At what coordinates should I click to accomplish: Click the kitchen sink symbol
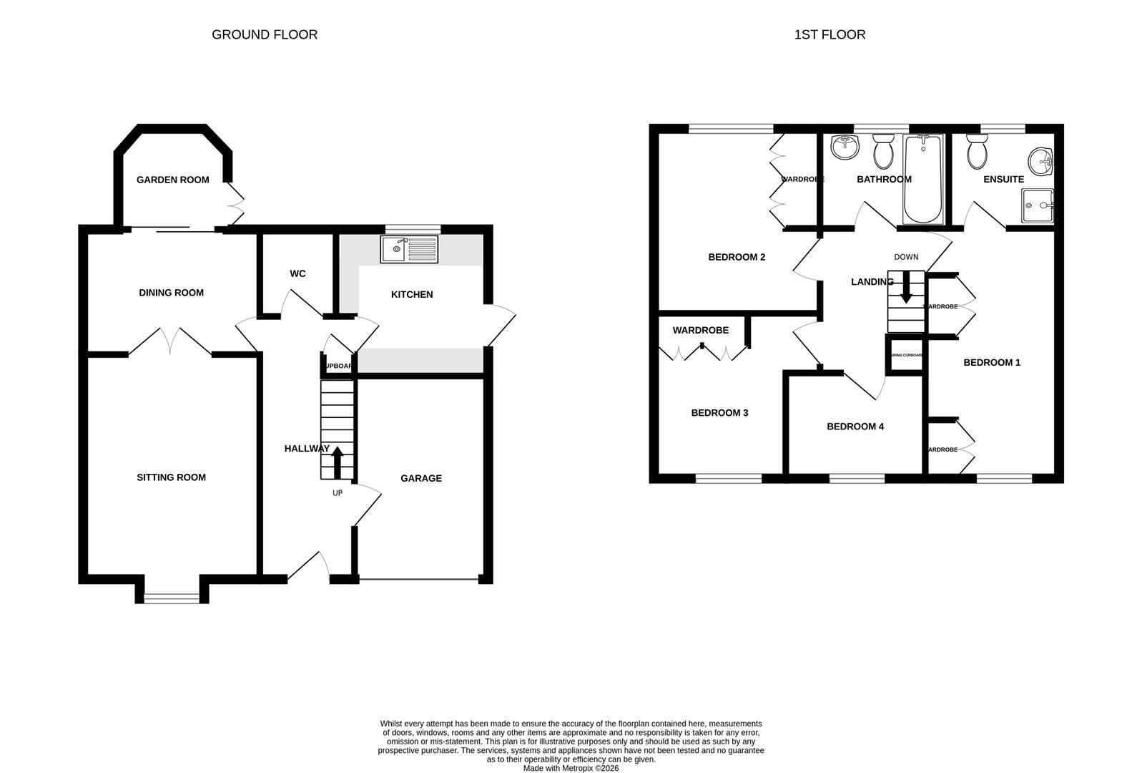click(x=409, y=249)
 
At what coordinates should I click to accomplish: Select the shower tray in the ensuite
click(x=1037, y=206)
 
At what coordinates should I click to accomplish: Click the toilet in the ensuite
click(x=976, y=150)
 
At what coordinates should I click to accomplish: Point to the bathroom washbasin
click(x=845, y=148)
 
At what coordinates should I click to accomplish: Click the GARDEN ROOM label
click(x=173, y=180)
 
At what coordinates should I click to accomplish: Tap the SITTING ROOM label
click(x=171, y=477)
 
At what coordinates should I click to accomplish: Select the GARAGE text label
click(x=421, y=478)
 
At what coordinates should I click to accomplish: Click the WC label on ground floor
click(x=297, y=273)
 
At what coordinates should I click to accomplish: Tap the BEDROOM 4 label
click(x=855, y=427)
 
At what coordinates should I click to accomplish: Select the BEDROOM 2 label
click(x=737, y=257)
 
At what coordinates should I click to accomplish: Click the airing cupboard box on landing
click(x=906, y=356)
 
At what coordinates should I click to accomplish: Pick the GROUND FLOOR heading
click(x=265, y=34)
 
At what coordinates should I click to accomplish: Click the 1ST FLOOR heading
click(x=830, y=34)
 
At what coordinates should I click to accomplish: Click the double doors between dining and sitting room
click(x=170, y=342)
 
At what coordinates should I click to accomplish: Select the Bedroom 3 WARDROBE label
click(x=700, y=330)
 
